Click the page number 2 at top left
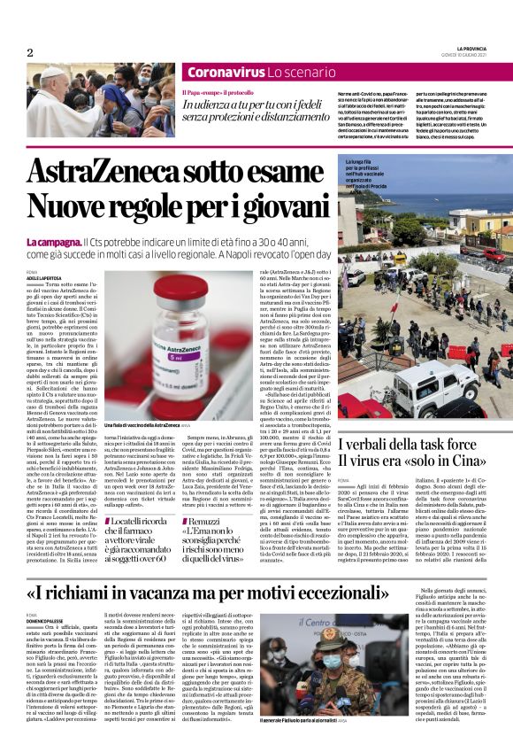tap(30, 53)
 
